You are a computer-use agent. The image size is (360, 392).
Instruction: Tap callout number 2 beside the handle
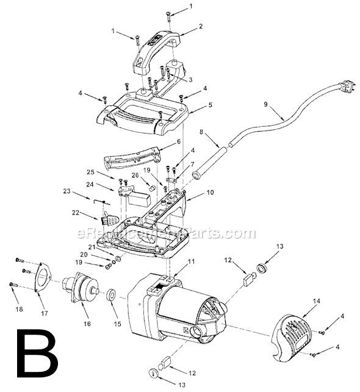point(200,27)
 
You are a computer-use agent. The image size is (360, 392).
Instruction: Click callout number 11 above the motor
point(191,262)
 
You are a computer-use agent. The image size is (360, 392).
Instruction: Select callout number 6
point(179,141)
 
